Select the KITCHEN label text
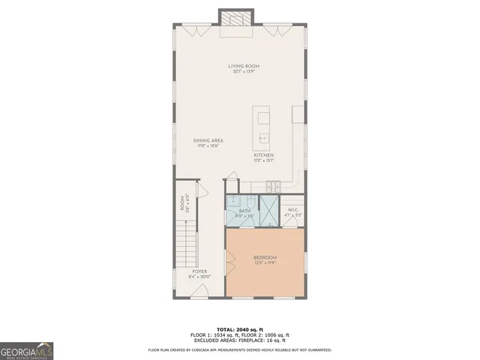pos(274,155)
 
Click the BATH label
pos(244,211)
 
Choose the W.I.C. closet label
pos(292,211)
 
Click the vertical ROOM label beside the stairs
pos(181,203)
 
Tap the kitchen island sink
pos(262,138)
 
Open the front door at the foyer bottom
pos(199,294)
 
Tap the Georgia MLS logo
pos(26,350)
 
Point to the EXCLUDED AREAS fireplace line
pos(239,340)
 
